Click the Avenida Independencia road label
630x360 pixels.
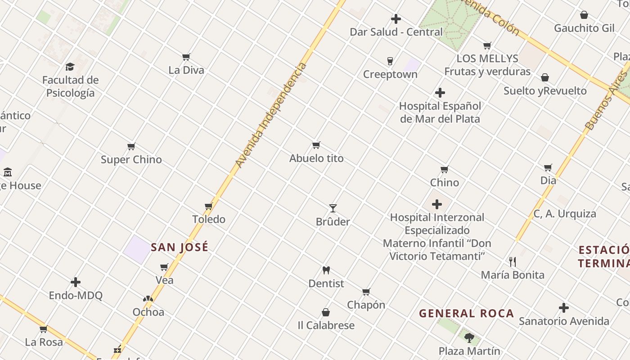(x=271, y=115)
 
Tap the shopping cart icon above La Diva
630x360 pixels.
(x=186, y=57)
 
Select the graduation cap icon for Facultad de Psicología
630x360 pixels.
(x=70, y=67)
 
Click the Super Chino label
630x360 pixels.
(x=131, y=160)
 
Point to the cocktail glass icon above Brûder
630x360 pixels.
(x=333, y=208)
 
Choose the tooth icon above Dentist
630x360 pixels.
(x=326, y=270)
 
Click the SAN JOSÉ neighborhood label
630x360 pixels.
(x=180, y=247)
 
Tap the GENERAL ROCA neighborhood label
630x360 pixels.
(x=466, y=314)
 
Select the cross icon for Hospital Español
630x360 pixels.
(x=440, y=93)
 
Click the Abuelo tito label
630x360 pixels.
(x=316, y=158)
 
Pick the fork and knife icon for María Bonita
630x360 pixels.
(x=512, y=261)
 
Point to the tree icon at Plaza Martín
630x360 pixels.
(x=469, y=337)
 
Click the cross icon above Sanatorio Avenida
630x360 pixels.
(x=564, y=308)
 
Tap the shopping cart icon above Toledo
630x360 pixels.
(x=209, y=207)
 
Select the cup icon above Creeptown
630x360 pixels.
(x=390, y=61)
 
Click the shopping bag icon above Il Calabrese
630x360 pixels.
(x=326, y=312)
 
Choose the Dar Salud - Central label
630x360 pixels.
(x=396, y=32)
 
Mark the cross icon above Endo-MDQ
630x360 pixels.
(x=76, y=283)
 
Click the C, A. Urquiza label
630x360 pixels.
(x=565, y=214)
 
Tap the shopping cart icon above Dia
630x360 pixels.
(x=548, y=168)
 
